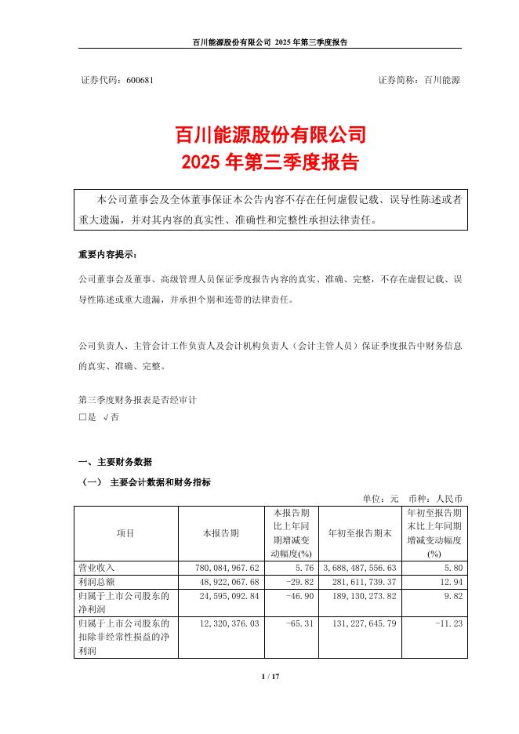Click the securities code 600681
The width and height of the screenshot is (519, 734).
click(x=140, y=81)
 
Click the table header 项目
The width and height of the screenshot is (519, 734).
click(x=125, y=533)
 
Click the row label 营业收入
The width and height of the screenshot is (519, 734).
click(x=96, y=566)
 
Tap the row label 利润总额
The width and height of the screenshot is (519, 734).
click(x=96, y=580)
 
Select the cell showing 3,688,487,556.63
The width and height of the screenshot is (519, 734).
click(x=359, y=566)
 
